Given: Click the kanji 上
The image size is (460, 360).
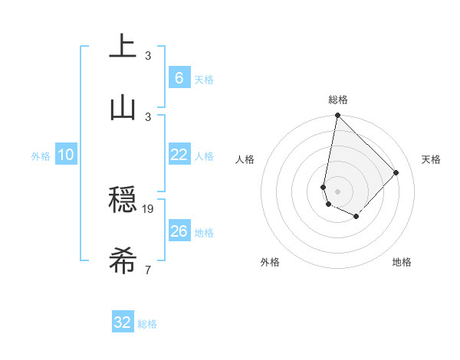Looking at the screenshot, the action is tap(123, 45).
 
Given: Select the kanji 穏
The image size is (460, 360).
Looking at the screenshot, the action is tap(123, 200).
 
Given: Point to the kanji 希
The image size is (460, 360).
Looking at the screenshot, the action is tap(123, 261).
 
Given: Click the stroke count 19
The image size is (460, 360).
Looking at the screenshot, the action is tap(149, 208).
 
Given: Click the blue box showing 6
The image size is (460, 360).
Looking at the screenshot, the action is tap(179, 78).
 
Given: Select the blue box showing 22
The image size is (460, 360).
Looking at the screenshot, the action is tap(179, 155).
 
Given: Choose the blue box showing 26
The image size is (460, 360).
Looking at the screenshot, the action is tap(179, 231).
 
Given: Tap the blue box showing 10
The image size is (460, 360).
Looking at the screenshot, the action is tap(66, 155).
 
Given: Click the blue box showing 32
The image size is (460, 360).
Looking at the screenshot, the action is tap(123, 322).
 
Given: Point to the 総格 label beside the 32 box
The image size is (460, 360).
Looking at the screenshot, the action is tap(147, 324).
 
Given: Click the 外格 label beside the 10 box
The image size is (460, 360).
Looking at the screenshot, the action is tap(41, 156).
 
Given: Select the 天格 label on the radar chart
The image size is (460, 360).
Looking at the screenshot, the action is tap(431, 159).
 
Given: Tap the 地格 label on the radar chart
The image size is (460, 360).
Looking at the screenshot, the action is tap(402, 262).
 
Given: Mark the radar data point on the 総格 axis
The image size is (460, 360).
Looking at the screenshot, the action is tap(337, 116).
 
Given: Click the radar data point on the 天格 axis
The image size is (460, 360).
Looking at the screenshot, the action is tap(396, 172).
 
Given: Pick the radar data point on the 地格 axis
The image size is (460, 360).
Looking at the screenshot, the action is tap(356, 217).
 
